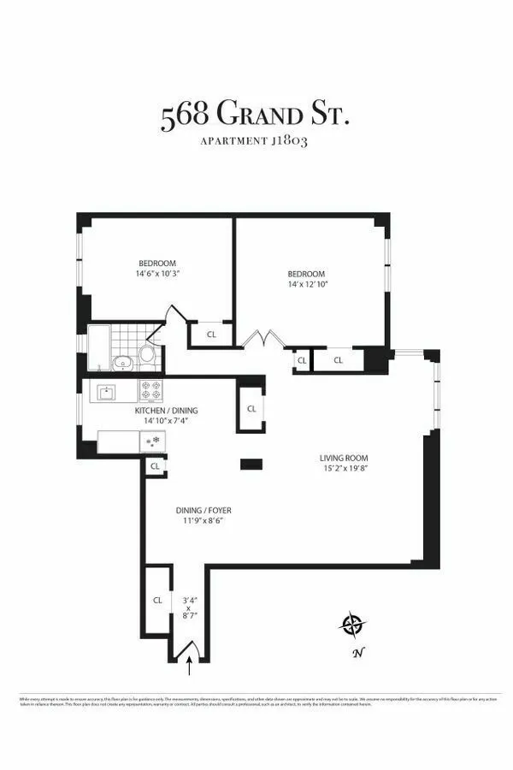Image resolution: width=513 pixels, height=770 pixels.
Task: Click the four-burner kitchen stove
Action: coord(151,391)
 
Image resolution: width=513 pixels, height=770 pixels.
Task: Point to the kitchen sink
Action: coord(109,393)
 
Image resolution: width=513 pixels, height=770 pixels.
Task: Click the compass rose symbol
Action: coord(351,625)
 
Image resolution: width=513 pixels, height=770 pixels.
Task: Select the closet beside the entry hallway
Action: coord(157,601)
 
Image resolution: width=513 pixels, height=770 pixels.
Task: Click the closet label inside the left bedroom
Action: coord(210,335)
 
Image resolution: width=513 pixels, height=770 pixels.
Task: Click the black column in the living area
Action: coord(251,464)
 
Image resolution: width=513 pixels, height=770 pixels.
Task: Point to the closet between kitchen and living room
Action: coord(251,409)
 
